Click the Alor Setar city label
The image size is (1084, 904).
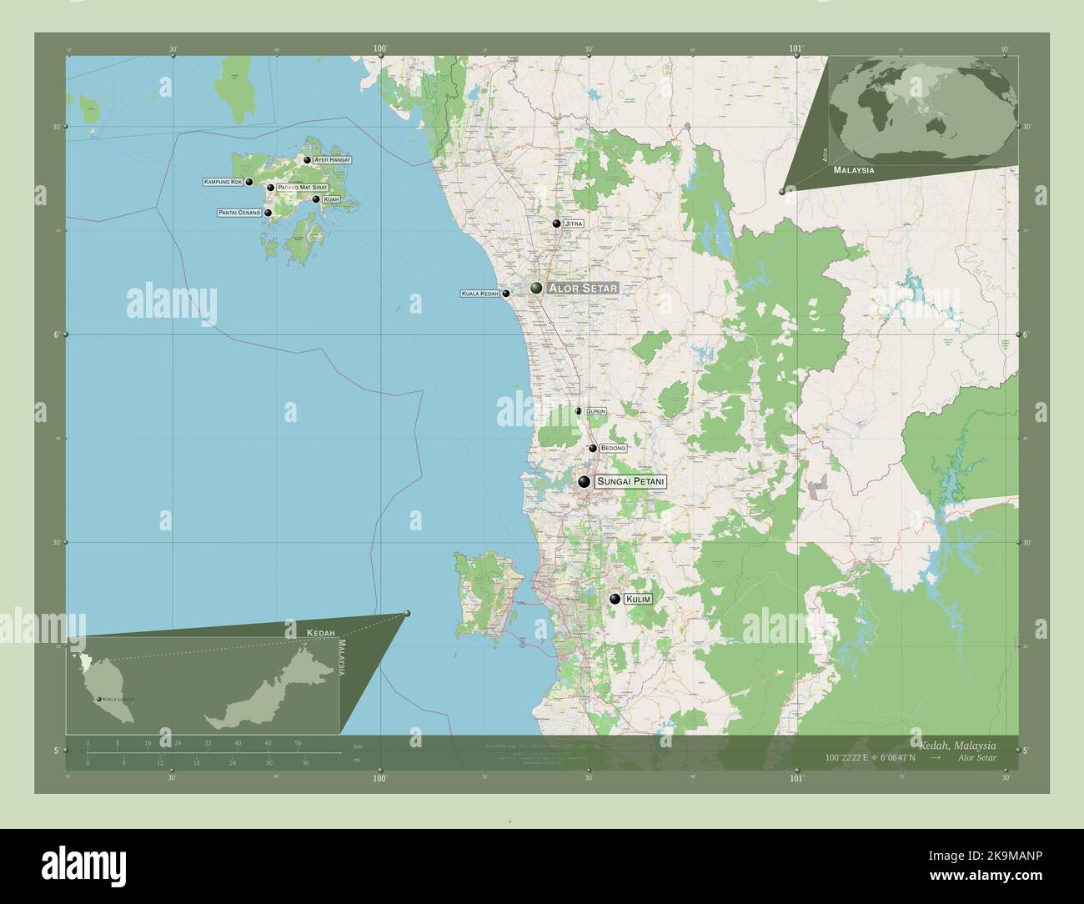583,288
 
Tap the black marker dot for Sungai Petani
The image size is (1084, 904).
585,482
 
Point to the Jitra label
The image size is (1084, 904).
574,224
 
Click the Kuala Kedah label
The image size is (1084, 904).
479,294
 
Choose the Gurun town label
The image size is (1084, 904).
595,411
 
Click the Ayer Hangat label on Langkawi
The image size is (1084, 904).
333,159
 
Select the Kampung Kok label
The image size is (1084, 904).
223,181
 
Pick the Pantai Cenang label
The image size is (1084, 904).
239,213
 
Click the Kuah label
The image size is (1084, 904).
331,199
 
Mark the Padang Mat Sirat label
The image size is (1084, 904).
302,188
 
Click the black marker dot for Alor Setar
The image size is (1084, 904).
536,288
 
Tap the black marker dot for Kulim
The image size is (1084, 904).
615,598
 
